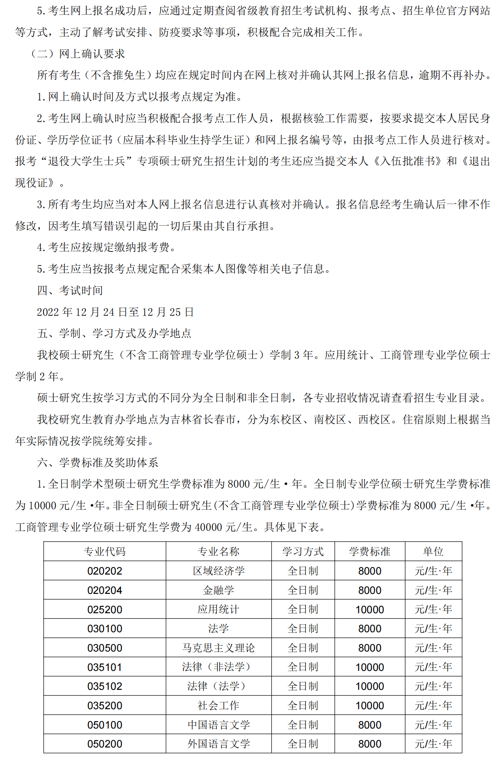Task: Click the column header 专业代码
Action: (x=104, y=551)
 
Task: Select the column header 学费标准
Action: (x=370, y=551)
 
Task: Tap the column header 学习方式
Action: (x=303, y=551)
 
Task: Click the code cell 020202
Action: (x=104, y=571)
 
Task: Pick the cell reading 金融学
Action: (x=219, y=590)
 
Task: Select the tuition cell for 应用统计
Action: (x=370, y=609)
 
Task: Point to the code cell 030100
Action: (x=104, y=628)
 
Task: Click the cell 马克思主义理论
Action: (x=219, y=648)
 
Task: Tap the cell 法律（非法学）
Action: (x=219, y=667)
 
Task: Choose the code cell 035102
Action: (x=104, y=686)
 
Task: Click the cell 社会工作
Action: (x=219, y=705)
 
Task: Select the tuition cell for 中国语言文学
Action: (x=370, y=725)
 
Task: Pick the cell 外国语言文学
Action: (x=219, y=744)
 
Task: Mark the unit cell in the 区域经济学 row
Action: (x=433, y=571)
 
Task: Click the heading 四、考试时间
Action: (x=70, y=290)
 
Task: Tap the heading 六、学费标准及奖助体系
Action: (x=98, y=462)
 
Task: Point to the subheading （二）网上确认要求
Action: (x=78, y=54)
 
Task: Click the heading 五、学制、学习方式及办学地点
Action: (x=114, y=333)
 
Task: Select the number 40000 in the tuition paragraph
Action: (x=208, y=527)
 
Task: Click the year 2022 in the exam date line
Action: (x=48, y=312)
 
